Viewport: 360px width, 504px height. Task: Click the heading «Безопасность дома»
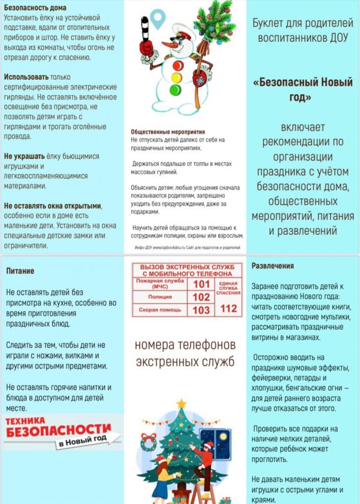35,8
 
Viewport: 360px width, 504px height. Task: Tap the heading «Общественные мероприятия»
160,132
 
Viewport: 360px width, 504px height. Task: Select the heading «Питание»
20,271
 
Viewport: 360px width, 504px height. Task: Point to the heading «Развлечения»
272,266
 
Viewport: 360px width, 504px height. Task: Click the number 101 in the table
201,284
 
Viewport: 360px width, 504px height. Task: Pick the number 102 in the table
201,297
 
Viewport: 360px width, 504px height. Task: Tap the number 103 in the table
201,310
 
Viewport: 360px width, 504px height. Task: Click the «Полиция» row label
160,297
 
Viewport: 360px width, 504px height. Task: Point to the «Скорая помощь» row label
160,310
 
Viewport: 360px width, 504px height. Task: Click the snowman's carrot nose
170,45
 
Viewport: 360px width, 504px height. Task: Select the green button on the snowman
175,90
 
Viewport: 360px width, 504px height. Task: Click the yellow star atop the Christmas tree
181,404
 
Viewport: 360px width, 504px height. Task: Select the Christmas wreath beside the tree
148,442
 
